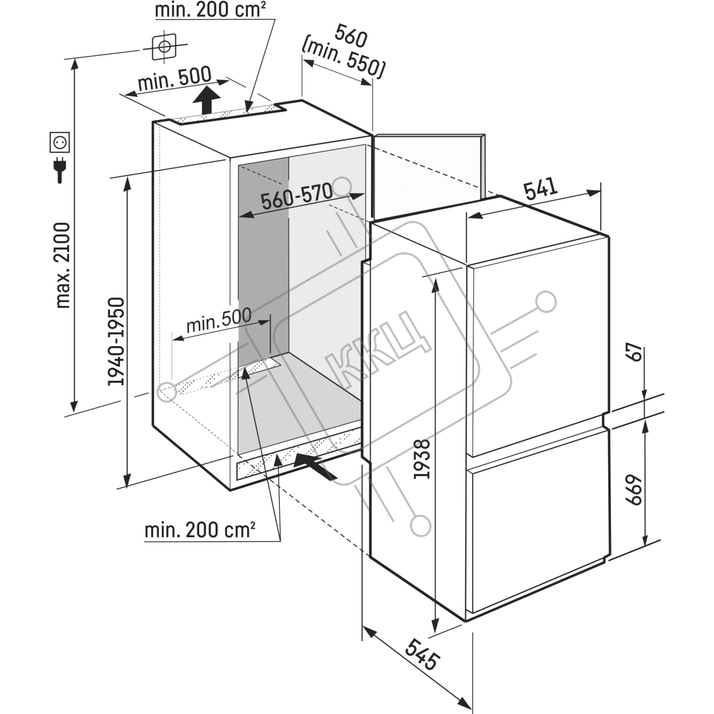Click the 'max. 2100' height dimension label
(63, 265)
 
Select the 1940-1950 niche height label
(116, 341)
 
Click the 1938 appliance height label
(421, 459)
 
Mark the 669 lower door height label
(634, 490)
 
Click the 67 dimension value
(635, 352)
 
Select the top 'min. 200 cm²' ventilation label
(210, 10)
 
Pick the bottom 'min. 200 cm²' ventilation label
(199, 530)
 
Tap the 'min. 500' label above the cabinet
(175, 79)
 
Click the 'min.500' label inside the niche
(219, 320)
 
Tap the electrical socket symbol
(60, 143)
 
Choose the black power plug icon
(60, 169)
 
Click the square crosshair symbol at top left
(164, 46)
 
